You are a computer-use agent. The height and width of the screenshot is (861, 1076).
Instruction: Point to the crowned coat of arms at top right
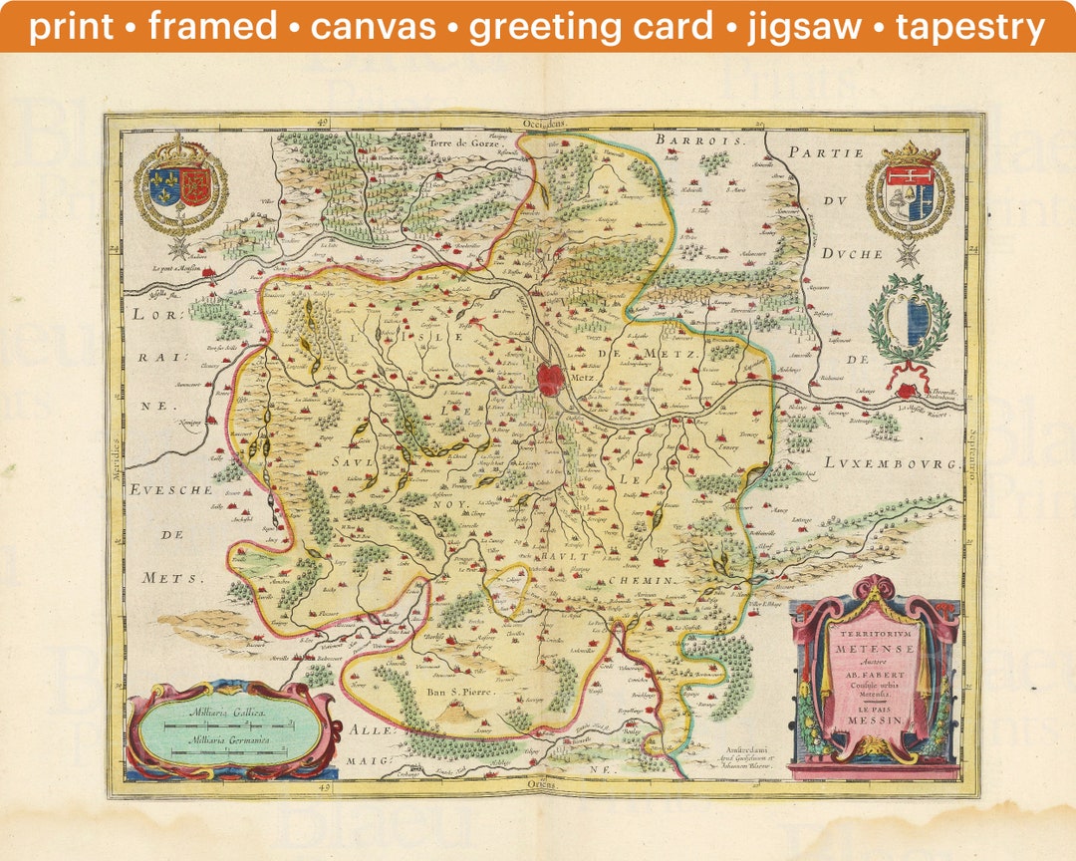(909, 190)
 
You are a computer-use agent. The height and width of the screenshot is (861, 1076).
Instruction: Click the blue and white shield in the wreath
(909, 323)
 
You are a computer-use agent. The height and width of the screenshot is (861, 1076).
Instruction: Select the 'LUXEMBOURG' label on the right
(890, 464)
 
